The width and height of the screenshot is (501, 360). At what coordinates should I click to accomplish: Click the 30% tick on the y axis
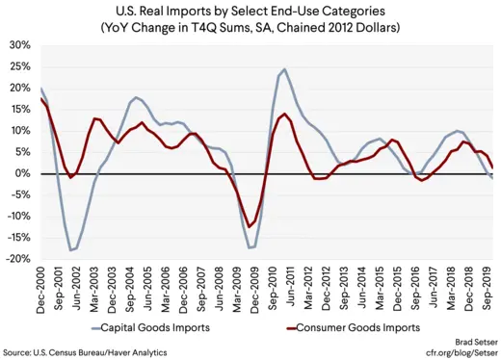pyautogui.click(x=17, y=45)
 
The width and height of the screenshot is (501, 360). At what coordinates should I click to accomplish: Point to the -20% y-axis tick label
pyautogui.click(x=15, y=259)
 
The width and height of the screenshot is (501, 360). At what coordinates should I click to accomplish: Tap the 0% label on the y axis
pyautogui.click(x=21, y=173)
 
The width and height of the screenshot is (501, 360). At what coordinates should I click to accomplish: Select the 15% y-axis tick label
pyautogui.click(x=17, y=110)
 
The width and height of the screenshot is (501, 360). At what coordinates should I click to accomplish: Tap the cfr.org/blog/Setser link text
pyautogui.click(x=452, y=352)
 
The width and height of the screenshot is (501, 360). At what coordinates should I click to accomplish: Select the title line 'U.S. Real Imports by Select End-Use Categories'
pyautogui.click(x=250, y=11)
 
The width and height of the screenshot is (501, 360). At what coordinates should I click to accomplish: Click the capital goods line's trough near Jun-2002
pyautogui.click(x=71, y=250)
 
